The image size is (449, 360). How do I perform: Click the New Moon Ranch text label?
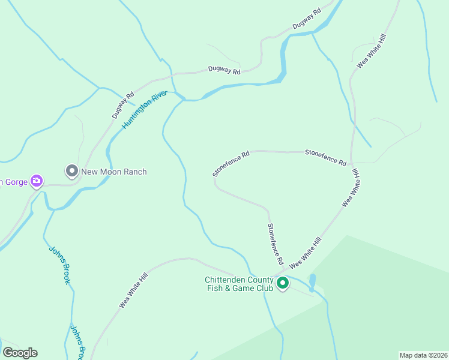114,172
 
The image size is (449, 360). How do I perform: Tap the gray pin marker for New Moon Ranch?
72,172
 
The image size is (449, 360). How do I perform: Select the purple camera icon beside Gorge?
37,181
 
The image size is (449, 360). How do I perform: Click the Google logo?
20,353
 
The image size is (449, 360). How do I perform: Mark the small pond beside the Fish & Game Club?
312,281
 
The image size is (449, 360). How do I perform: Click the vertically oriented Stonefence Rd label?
275,244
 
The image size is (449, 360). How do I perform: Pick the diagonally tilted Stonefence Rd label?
231,163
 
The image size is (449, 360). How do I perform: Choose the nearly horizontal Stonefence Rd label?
325,158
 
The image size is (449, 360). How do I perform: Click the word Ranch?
134,172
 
